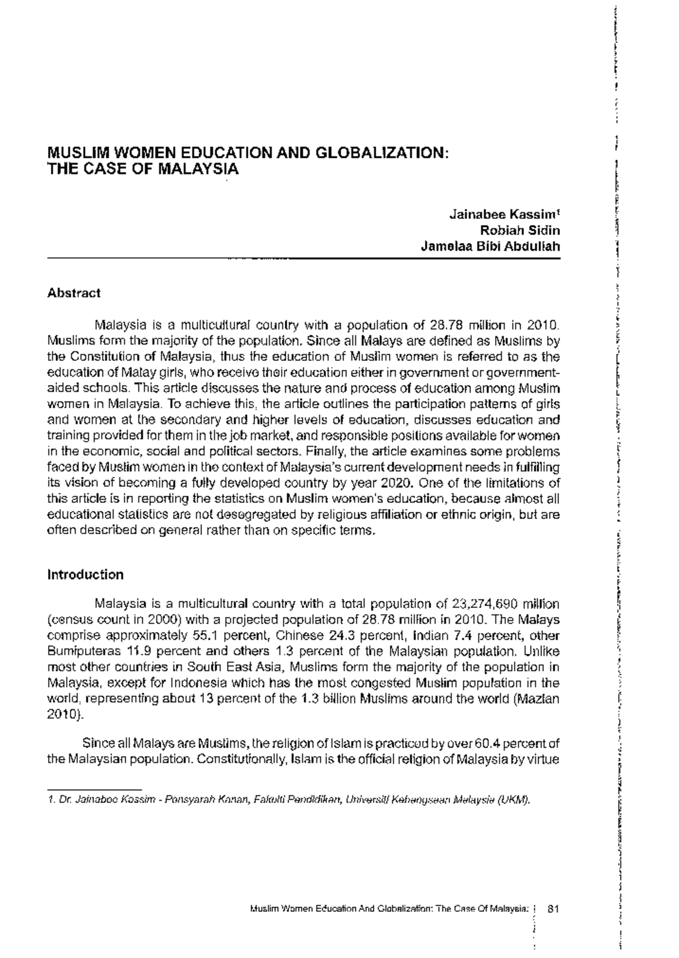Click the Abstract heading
[x=74, y=293]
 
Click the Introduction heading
[x=85, y=575]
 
